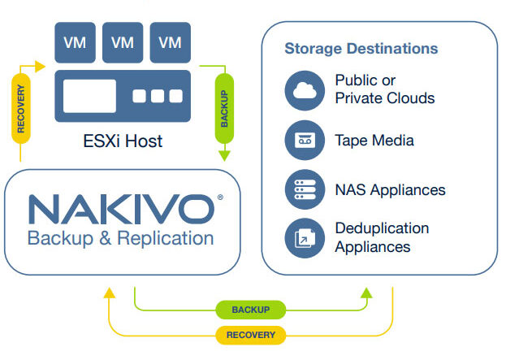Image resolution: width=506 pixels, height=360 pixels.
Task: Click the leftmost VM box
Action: click(x=75, y=42)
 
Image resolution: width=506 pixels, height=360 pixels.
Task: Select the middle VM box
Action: click(x=123, y=42)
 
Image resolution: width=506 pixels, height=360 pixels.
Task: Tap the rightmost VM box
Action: click(x=170, y=42)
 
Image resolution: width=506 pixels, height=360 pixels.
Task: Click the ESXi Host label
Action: click(x=122, y=141)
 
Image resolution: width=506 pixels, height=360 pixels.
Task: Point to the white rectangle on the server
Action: click(x=89, y=96)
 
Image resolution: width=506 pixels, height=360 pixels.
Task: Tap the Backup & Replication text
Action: click(x=120, y=238)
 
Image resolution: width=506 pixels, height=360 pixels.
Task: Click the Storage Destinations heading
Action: click(x=361, y=48)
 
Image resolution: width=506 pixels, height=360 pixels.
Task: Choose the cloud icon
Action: click(x=305, y=90)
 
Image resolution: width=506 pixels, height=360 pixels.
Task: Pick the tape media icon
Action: click(x=305, y=140)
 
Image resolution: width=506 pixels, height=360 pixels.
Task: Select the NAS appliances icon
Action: click(x=305, y=189)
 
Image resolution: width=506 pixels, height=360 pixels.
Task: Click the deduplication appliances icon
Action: click(x=305, y=237)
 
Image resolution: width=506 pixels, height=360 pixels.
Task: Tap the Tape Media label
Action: click(x=374, y=141)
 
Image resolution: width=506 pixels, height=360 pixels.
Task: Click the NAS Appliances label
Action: click(x=390, y=190)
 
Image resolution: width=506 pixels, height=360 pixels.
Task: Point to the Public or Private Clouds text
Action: click(x=384, y=89)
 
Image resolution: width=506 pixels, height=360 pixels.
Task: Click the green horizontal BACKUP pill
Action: click(x=250, y=310)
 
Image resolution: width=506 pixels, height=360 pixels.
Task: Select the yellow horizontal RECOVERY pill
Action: click(x=250, y=335)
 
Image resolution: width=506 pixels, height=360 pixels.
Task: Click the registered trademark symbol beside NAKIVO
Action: click(x=220, y=197)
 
